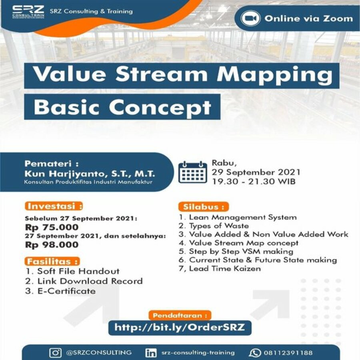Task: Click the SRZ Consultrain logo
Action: [x=28, y=12]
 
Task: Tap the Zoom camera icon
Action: [x=250, y=18]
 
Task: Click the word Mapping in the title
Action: [x=275, y=75]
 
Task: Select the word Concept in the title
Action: [x=160, y=108]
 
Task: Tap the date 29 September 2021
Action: [x=256, y=172]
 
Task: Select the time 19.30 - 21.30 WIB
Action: [x=254, y=182]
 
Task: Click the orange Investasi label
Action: [x=54, y=206]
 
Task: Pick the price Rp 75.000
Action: [x=52, y=227]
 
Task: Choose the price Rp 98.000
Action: [x=52, y=245]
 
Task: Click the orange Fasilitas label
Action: [x=52, y=262]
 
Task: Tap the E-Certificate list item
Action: [x=60, y=291]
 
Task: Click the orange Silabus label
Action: [x=204, y=207]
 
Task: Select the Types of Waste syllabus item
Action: [x=214, y=226]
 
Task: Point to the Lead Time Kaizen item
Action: [x=220, y=269]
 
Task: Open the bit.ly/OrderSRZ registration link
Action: [x=180, y=327]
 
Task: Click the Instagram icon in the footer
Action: [x=55, y=353]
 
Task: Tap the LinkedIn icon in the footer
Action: [x=151, y=353]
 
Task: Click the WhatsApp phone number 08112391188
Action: [x=288, y=353]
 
